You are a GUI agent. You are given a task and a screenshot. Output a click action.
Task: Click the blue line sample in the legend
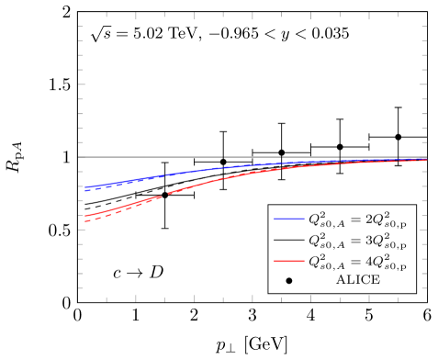289,219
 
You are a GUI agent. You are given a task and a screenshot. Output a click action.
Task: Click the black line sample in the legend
289,241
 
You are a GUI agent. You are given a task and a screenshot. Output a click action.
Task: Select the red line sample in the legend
289,262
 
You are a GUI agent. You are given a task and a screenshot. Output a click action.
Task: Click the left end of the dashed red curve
84,222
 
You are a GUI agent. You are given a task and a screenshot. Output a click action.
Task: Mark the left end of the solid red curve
84,216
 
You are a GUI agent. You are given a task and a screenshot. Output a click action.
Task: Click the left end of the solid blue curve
84,187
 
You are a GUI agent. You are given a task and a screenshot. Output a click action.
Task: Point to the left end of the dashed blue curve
84,190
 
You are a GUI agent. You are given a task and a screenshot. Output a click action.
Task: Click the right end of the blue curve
426,158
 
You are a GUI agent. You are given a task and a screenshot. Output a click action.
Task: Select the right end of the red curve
426,161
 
